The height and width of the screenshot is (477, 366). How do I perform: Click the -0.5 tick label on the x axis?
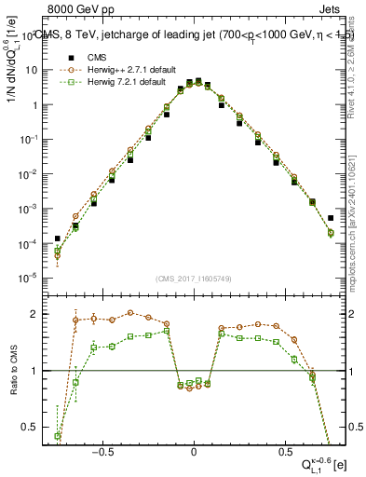point(104,448)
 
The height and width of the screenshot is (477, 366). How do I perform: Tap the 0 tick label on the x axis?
point(194,448)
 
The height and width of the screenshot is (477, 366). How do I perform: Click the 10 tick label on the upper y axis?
point(32,70)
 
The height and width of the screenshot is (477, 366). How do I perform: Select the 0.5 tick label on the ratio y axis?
point(30,428)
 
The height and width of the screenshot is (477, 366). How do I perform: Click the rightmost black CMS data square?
point(331,218)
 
